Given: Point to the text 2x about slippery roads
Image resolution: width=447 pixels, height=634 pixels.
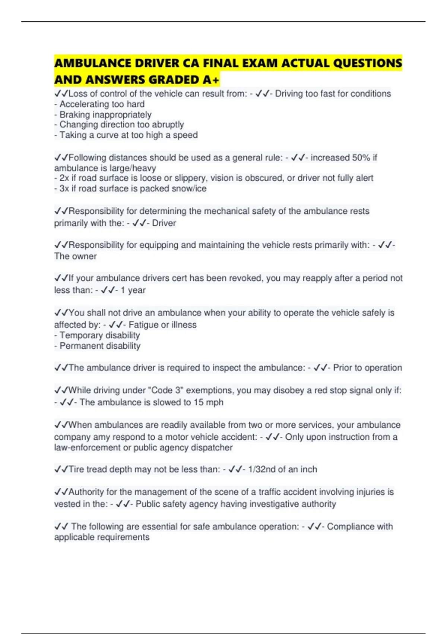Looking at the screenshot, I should [64, 178].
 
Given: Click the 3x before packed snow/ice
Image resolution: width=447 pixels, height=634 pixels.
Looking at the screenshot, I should [64, 189].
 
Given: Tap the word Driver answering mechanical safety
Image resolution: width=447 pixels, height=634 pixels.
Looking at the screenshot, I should [164, 223].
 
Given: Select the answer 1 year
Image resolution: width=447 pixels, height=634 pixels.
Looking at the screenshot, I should [133, 290].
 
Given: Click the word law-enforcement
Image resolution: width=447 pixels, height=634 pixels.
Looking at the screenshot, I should [87, 448].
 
